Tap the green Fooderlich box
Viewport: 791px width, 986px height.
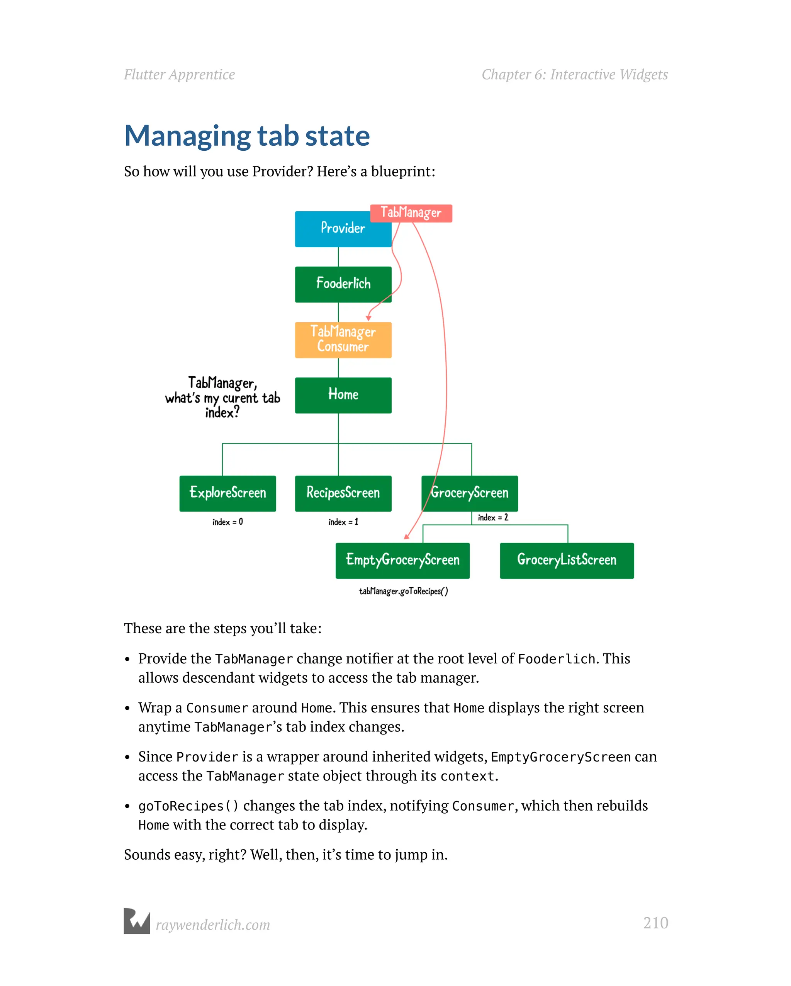point(343,284)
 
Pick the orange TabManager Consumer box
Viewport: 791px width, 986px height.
point(343,340)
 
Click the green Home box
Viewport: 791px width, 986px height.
point(343,395)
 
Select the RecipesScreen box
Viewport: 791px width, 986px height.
point(343,493)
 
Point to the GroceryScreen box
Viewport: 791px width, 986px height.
point(470,493)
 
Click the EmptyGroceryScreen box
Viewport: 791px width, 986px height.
point(402,560)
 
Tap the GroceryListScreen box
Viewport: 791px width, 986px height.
point(567,560)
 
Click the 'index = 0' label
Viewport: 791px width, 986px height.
point(227,522)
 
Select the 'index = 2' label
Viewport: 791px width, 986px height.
point(492,517)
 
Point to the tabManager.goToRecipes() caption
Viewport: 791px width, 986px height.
point(403,591)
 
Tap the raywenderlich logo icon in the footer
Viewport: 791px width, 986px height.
point(137,921)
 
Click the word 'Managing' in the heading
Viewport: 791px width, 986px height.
point(187,136)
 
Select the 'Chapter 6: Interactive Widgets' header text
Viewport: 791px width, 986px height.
point(574,75)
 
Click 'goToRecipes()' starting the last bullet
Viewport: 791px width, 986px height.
point(188,806)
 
